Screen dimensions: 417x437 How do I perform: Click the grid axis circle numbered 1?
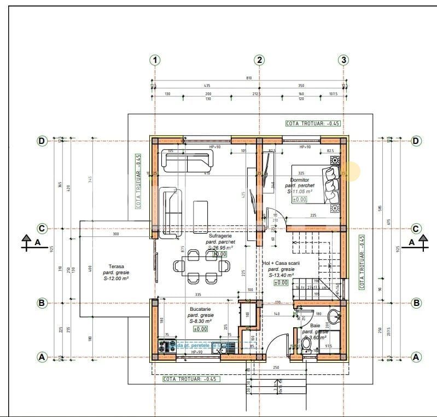click(156, 60)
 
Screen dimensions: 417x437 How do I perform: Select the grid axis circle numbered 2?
click(259, 60)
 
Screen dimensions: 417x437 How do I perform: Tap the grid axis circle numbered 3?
click(343, 60)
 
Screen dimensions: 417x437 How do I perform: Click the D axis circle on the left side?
click(42, 141)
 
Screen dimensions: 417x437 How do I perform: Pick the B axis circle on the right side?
click(416, 302)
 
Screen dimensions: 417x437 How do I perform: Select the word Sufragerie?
click(220, 236)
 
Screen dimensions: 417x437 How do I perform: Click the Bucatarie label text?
click(200, 309)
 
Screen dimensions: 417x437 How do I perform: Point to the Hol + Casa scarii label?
click(281, 263)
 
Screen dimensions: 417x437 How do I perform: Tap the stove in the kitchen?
click(163, 346)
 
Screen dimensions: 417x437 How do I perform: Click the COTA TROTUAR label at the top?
click(313, 123)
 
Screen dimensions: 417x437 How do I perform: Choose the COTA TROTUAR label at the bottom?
click(190, 378)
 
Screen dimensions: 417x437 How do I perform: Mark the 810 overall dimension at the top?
click(249, 78)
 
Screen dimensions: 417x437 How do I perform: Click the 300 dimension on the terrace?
click(115, 234)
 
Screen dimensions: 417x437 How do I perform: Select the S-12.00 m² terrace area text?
click(116, 279)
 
